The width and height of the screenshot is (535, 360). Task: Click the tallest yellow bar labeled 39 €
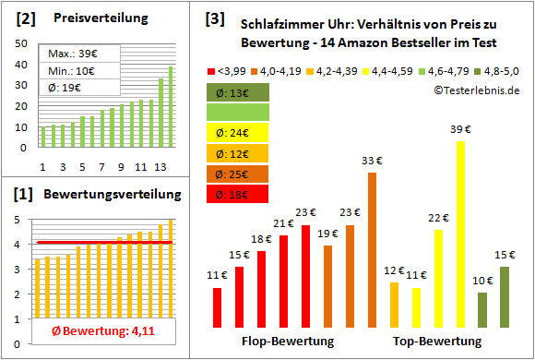click(x=460, y=234)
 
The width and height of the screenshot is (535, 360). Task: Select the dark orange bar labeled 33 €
click(x=372, y=249)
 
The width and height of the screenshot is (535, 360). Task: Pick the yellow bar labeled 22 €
click(x=438, y=278)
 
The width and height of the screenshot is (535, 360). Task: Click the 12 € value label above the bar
click(x=394, y=270)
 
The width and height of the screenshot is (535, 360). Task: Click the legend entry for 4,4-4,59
click(x=390, y=70)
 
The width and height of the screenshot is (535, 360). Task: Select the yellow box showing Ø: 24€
click(x=238, y=132)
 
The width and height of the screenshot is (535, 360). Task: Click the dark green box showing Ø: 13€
click(x=238, y=91)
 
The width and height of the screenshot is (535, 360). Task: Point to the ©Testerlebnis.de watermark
click(x=476, y=90)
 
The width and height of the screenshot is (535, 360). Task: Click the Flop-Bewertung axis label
click(x=287, y=342)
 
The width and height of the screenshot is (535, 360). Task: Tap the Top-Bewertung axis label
click(x=437, y=342)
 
